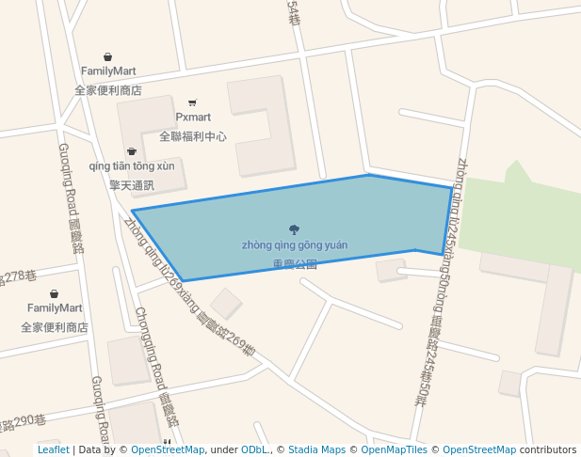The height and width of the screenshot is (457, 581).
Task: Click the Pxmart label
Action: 193,118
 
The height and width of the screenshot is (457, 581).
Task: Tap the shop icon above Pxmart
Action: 193,102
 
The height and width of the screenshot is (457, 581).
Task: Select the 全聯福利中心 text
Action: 193,136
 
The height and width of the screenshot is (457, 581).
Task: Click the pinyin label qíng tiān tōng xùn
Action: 132,166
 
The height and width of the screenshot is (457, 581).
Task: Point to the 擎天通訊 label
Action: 132,185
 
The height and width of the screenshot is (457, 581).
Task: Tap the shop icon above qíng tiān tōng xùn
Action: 132,151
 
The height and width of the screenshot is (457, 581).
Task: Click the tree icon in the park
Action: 295,228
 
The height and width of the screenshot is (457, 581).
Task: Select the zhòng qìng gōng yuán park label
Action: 295,245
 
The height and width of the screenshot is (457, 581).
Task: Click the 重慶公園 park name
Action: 295,264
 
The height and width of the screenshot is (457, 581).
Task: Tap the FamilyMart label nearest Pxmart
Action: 108,71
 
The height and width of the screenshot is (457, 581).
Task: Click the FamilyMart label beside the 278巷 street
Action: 55,308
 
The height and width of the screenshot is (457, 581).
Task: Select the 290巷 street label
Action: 23,419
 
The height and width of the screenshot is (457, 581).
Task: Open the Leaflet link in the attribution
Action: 53,450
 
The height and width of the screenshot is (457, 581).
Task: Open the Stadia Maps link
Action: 316,450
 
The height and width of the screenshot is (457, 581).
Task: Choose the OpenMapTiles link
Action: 394,450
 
